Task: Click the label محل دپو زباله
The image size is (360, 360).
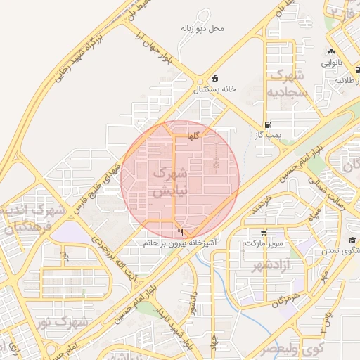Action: (x=202, y=29)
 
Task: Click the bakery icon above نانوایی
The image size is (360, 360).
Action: (x=331, y=52)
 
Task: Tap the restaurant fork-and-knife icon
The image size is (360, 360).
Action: (x=181, y=231)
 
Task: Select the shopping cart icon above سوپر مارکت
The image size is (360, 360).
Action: (x=264, y=232)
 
